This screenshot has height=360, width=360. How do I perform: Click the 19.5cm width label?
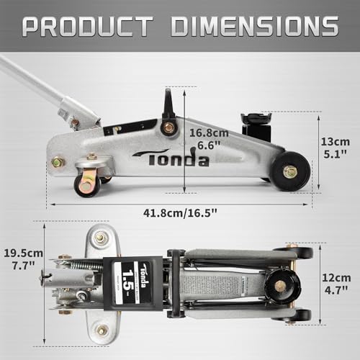coord(22,253)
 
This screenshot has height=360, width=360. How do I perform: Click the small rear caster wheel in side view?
coord(87,184)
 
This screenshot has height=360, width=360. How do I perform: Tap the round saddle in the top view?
coord(280,286)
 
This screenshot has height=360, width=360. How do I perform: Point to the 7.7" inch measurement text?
coord(22,266)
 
